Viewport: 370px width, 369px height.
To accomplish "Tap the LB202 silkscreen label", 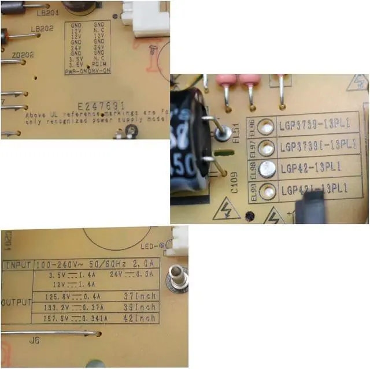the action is coord(42,28).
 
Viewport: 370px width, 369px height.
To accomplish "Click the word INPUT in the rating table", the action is coord(18,266).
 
